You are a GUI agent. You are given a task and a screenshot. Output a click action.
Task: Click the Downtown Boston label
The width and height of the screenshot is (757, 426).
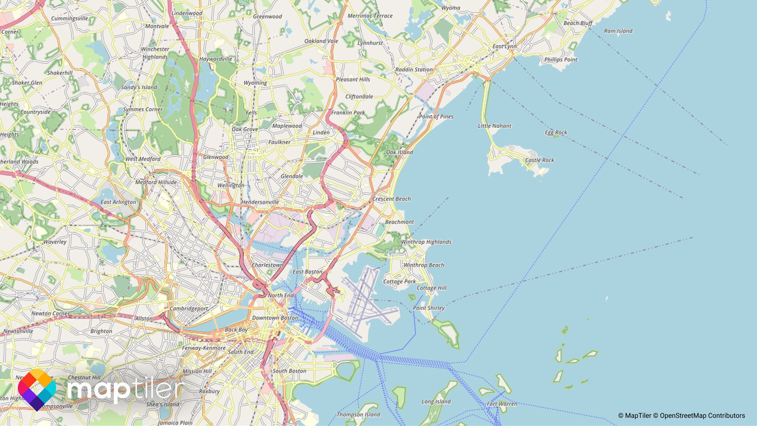pyautogui.click(x=275, y=318)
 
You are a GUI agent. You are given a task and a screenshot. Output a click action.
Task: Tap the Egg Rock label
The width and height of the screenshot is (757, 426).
pyautogui.click(x=556, y=133)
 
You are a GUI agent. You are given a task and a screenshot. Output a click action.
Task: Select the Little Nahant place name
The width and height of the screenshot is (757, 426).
pyautogui.click(x=494, y=126)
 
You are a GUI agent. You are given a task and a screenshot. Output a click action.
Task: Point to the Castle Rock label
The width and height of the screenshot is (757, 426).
pyautogui.click(x=539, y=160)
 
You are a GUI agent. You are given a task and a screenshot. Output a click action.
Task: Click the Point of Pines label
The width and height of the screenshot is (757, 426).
pyautogui.click(x=436, y=117)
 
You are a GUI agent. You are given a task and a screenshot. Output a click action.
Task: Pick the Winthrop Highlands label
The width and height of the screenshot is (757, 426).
pyautogui.click(x=426, y=242)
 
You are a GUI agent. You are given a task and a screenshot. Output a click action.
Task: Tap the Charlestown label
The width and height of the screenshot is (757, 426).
pyautogui.click(x=267, y=265)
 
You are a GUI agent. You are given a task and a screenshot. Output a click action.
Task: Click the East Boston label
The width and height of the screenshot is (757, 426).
pyautogui.click(x=307, y=272)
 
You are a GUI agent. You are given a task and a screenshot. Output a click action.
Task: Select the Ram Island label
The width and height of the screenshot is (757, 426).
pyautogui.click(x=618, y=31)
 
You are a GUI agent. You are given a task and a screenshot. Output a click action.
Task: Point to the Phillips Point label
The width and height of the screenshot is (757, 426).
pyautogui.click(x=560, y=60)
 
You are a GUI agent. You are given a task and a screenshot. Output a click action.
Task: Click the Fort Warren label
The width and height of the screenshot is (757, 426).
pyautogui.click(x=502, y=404)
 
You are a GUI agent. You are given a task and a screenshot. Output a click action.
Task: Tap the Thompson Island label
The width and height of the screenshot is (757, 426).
pyautogui.click(x=358, y=415)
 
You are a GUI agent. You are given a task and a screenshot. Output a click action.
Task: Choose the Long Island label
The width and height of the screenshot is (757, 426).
pyautogui.click(x=436, y=402)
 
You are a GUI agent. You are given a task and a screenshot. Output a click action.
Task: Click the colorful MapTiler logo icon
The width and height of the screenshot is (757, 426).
pyautogui.click(x=37, y=390)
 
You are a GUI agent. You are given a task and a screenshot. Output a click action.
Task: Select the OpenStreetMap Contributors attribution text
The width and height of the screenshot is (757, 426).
pyautogui.click(x=702, y=416)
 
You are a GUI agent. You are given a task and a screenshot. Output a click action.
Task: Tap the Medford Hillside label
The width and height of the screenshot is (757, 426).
pyautogui.click(x=156, y=182)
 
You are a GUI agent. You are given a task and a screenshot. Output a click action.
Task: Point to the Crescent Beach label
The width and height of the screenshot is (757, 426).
pyautogui.click(x=391, y=199)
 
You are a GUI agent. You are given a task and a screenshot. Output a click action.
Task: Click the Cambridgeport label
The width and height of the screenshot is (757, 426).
pyautogui.click(x=188, y=308)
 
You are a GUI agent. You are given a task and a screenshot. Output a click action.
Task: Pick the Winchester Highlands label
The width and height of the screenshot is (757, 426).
pyautogui.click(x=155, y=53)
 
